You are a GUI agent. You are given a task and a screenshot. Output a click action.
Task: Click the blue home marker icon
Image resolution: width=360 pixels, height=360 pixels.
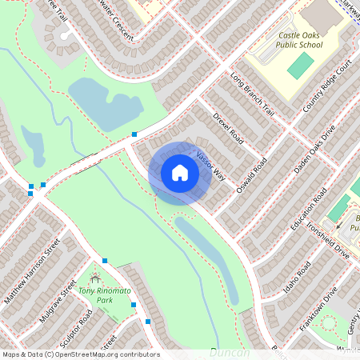point(179,173)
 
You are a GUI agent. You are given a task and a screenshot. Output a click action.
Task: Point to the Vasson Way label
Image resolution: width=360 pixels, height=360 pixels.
point(210,164)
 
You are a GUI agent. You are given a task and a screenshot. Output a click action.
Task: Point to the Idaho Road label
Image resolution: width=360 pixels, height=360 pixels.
point(297,272)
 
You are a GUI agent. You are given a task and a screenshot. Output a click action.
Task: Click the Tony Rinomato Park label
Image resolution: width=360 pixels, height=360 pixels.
point(104,294)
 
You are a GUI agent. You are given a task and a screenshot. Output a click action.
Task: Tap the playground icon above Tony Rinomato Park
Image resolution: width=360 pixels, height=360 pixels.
point(97,279)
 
